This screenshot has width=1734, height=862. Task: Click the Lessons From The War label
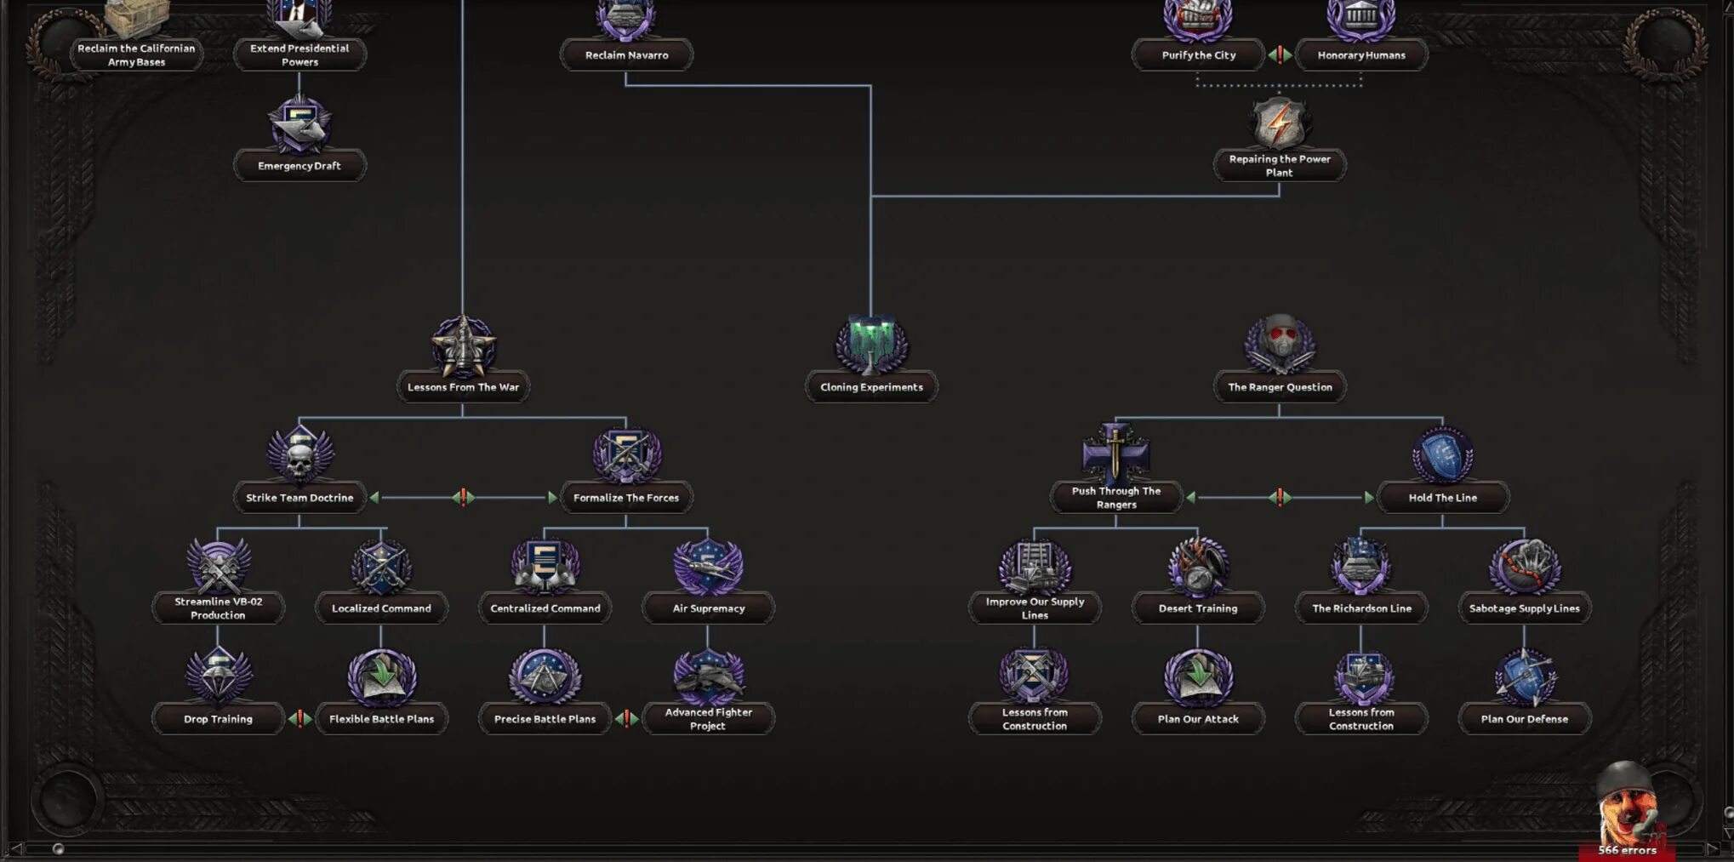(463, 387)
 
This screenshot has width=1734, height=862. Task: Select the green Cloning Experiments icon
(871, 345)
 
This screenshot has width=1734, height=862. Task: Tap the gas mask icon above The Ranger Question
(1280, 342)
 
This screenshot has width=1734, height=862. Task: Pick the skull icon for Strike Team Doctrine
(299, 455)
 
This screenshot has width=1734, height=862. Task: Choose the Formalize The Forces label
(626, 498)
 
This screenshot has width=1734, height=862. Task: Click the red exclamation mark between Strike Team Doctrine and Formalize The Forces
(463, 497)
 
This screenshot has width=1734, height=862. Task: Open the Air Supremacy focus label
(708, 608)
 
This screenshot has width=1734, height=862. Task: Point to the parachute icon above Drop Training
(218, 675)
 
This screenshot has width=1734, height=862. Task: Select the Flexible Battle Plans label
(381, 719)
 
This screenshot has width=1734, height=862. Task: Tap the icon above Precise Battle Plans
(545, 676)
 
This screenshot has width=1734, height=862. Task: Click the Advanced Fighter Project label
(708, 719)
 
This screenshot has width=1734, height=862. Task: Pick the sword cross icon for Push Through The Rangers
(1115, 454)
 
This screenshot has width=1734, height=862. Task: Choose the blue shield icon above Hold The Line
(1443, 455)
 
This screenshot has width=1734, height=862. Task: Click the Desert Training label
(1198, 608)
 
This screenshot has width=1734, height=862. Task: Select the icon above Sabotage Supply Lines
(1525, 566)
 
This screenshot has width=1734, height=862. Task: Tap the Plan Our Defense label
(1525, 719)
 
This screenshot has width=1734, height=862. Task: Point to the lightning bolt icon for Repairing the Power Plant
(1280, 123)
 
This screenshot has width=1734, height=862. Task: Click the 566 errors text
(1627, 850)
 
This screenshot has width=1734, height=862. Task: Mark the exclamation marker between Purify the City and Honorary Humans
(1280, 54)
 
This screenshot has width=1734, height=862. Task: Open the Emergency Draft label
(299, 166)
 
